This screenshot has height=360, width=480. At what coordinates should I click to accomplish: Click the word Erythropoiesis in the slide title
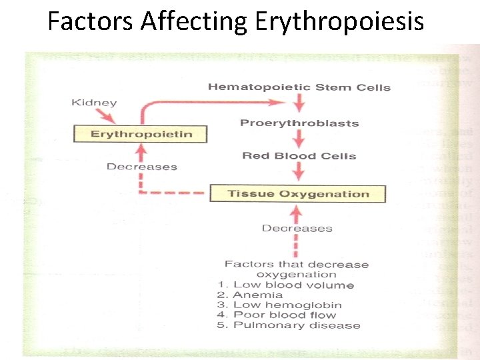pos(339,22)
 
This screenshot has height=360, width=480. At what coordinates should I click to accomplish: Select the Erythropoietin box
pos(141,134)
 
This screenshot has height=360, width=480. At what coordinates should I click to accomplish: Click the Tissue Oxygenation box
pos(298,194)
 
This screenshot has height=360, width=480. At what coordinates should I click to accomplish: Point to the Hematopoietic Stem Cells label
pos(299,87)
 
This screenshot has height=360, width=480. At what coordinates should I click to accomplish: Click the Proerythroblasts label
pos(299,123)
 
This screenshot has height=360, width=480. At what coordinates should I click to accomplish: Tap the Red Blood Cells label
pos(299,156)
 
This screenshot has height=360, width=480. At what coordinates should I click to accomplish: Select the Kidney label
pos(93,103)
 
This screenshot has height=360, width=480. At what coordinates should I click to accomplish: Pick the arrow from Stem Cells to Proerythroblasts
pos(299,103)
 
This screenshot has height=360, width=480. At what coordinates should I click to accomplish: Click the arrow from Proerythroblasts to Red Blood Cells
pos(299,139)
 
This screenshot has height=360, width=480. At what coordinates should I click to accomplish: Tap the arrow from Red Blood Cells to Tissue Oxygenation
pos(299,171)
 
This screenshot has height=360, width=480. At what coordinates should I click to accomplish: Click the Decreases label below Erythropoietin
pos(141,167)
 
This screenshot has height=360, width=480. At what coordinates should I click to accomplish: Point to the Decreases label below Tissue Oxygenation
pos(297,228)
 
